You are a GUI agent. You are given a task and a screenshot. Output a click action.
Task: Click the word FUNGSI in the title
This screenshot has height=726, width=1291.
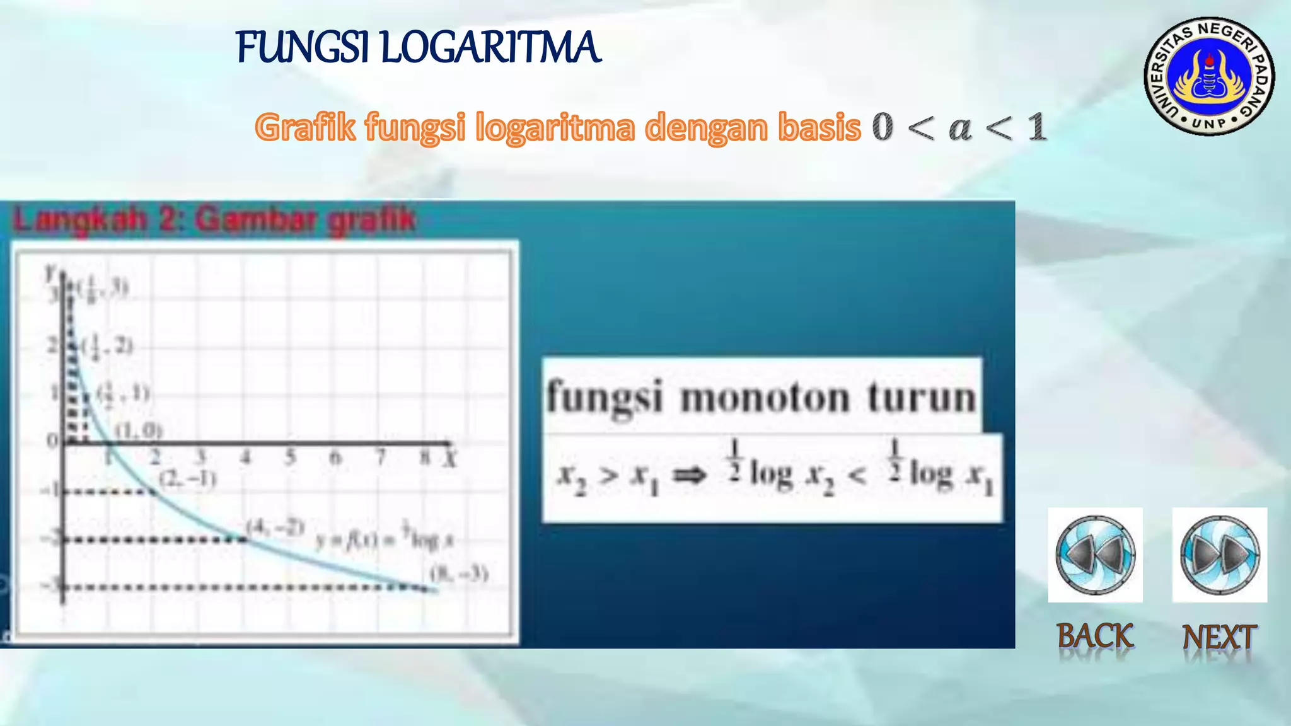click(303, 48)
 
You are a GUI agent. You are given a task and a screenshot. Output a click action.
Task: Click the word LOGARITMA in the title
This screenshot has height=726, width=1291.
click(490, 48)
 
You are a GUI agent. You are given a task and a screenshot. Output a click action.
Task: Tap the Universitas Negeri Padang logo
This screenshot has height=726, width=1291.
click(1209, 76)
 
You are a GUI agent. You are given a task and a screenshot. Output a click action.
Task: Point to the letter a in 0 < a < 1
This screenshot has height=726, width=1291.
click(960, 128)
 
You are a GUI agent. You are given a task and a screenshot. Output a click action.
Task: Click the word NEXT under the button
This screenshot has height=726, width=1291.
click(1219, 637)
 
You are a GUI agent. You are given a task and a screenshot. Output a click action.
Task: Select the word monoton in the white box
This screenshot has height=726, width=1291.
click(765, 398)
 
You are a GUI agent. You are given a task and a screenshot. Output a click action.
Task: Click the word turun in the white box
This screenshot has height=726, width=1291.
click(921, 398)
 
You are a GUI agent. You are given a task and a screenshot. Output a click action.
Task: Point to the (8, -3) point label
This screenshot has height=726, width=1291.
click(459, 573)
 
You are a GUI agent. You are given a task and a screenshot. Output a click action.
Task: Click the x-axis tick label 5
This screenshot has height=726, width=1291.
click(291, 457)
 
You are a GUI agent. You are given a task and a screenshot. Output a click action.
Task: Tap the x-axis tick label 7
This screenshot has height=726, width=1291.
click(381, 457)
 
